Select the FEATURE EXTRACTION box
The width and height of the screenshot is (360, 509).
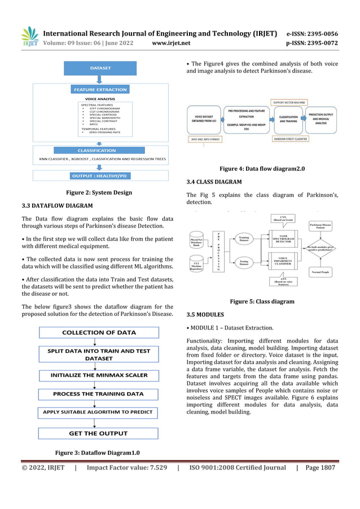tap(100, 89)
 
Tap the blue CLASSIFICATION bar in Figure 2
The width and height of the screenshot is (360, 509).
tap(99, 151)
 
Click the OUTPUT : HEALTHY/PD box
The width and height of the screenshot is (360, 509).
tap(100, 175)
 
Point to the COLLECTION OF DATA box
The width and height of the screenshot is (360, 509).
tap(99, 332)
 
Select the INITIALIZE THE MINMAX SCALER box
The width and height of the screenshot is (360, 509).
tap(99, 375)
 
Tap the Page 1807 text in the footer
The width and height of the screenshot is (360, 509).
tap(320, 467)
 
